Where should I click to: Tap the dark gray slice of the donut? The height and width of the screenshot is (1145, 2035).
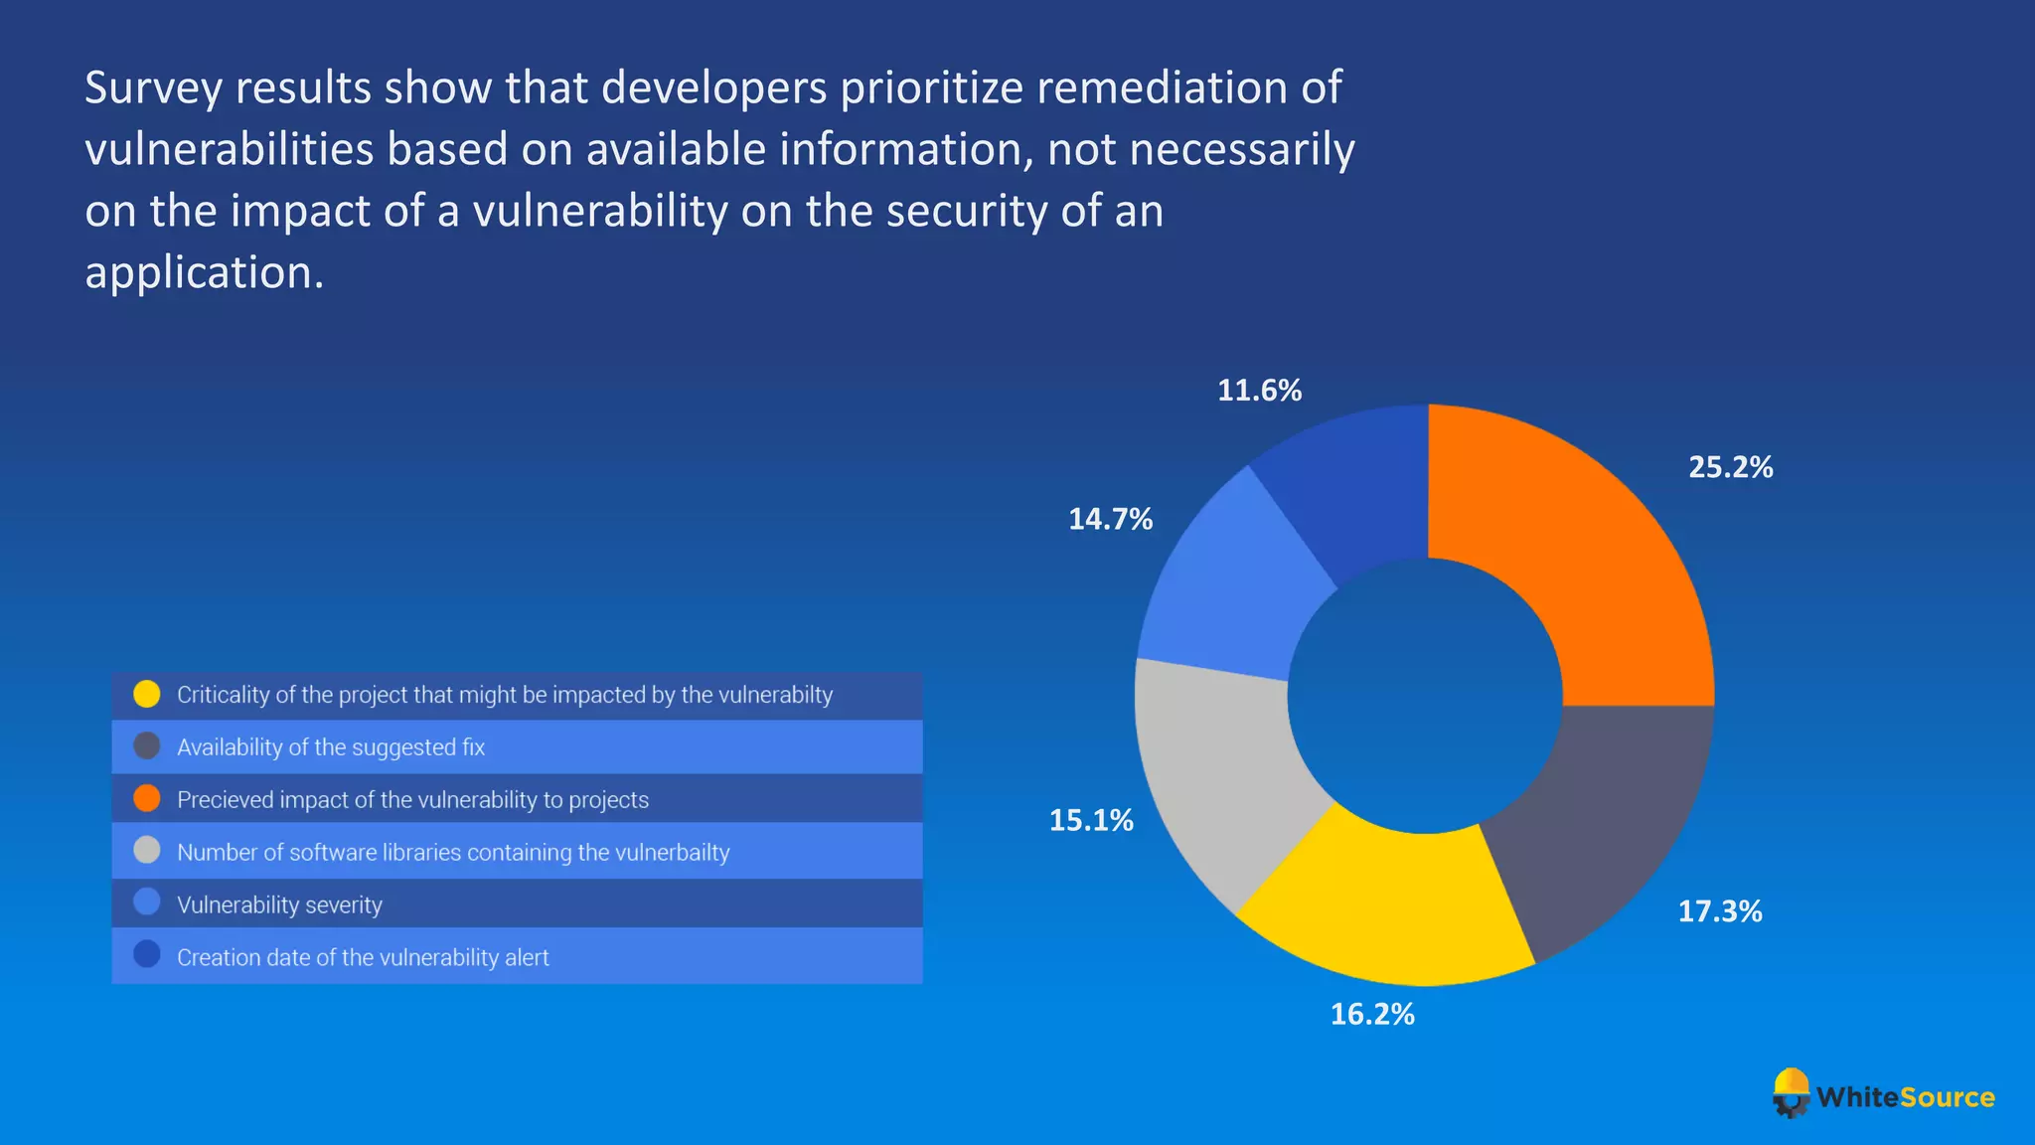click(x=1600, y=825)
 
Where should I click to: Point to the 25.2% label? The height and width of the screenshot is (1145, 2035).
click(x=1730, y=467)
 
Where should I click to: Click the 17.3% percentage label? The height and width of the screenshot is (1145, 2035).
click(x=1719, y=911)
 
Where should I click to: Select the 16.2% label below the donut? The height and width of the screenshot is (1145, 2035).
click(x=1372, y=1014)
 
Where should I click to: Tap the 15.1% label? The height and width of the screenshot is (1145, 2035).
click(x=1091, y=820)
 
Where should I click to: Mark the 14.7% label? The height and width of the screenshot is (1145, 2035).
click(x=1110, y=519)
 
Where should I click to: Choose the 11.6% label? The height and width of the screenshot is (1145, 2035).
click(x=1259, y=391)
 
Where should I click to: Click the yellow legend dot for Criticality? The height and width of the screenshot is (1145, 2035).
click(x=147, y=694)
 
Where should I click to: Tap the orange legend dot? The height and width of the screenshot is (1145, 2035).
click(x=147, y=798)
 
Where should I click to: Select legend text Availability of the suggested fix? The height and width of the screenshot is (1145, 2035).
click(x=331, y=747)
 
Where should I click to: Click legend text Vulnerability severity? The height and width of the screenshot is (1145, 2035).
click(x=279, y=905)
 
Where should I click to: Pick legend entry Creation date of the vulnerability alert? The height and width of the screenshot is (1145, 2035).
click(x=363, y=958)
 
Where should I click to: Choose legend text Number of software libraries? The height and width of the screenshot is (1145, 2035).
click(x=453, y=853)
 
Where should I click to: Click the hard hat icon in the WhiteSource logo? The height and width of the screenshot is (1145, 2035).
click(x=1792, y=1091)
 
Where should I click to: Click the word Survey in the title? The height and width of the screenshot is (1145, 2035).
click(x=153, y=87)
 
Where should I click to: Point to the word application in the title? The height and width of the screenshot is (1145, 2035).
click(x=204, y=272)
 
